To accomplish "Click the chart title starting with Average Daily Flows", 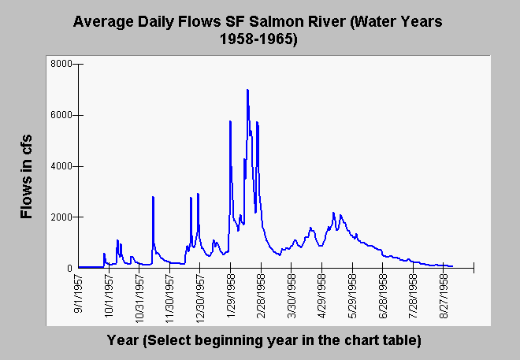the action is pos(258,30).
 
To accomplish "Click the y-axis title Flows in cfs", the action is pos(26,176).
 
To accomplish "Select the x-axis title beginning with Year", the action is pos(264,340).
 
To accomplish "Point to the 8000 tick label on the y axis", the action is pos(61,64).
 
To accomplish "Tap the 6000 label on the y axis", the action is pos(61,115).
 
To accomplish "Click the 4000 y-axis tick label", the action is pos(61,166).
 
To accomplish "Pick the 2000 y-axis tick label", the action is pos(61,217).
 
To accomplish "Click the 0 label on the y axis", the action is pos(69,268).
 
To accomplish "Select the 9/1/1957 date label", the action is pos(79,295).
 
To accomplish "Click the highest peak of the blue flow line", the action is pos(247,90).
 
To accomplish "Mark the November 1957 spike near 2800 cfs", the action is pos(153,197).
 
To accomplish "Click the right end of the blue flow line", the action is pos(452,266).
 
